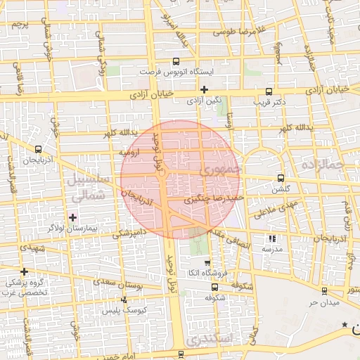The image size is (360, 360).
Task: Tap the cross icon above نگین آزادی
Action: pyautogui.click(x=204, y=89)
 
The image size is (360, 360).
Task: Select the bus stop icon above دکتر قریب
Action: pyautogui.click(x=269, y=91)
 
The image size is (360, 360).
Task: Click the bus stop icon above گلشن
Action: pyautogui.click(x=281, y=178)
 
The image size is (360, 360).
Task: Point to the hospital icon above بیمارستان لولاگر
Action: pyautogui.click(x=72, y=217)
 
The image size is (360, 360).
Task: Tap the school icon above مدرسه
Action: pyautogui.click(x=272, y=239)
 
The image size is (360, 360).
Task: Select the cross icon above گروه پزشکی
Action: pyautogui.click(x=25, y=271)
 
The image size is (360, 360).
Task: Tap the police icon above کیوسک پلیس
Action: pyautogui.click(x=124, y=300)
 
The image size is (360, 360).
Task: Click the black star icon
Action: pyautogui.click(x=345, y=324)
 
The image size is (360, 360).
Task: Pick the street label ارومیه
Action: pyautogui.click(x=131, y=151)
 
